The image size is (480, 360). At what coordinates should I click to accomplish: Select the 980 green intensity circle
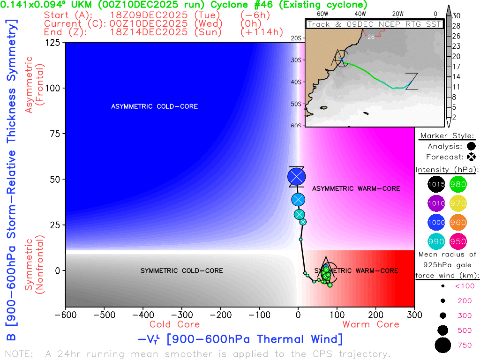pyautogui.click(x=458, y=185)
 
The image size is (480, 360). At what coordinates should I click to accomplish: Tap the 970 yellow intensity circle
pyautogui.click(x=458, y=204)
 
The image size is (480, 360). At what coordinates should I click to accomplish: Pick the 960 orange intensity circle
pyautogui.click(x=458, y=223)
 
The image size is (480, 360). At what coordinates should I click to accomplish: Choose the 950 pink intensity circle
pyautogui.click(x=458, y=242)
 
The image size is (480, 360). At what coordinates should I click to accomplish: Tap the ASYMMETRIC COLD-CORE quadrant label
pyautogui.click(x=154, y=106)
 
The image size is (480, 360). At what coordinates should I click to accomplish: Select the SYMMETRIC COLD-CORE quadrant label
pyautogui.click(x=181, y=270)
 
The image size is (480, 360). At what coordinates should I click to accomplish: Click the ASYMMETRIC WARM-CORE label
pyautogui.click(x=356, y=188)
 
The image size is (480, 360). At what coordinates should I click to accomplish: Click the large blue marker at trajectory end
pyautogui.click(x=296, y=177)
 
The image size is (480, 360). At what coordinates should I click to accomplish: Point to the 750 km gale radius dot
pyautogui.click(x=442, y=345)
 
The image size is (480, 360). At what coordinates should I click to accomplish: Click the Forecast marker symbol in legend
pyautogui.click(x=471, y=157)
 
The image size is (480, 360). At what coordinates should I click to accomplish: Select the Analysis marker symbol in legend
pyautogui.click(x=471, y=146)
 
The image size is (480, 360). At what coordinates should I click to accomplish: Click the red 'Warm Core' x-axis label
pyautogui.click(x=370, y=324)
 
